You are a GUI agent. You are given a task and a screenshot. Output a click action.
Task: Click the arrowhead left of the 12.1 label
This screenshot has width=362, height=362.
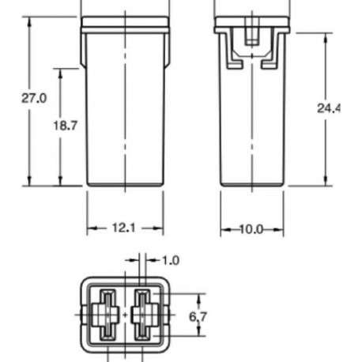click(x=89, y=228)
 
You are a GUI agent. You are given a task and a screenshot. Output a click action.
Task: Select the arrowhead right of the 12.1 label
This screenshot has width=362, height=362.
click(x=160, y=228)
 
